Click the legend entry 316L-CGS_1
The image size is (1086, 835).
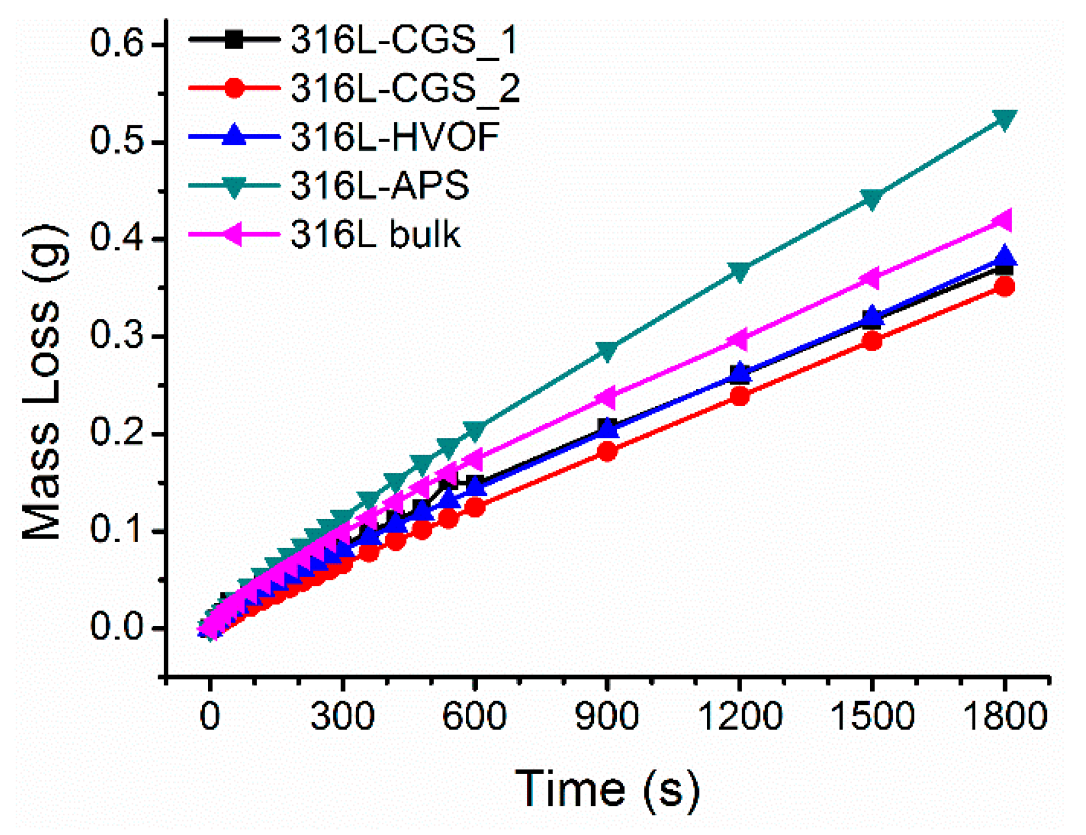point(404,40)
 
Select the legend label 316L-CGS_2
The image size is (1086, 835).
point(405,88)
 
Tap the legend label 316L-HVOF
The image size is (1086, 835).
point(395,136)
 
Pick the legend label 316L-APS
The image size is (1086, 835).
point(379,185)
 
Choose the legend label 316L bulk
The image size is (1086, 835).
point(375,234)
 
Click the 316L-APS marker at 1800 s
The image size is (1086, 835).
point(1004,119)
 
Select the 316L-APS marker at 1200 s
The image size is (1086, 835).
point(740,271)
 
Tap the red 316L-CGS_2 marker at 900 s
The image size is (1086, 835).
point(607,451)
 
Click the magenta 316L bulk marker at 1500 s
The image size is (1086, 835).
point(870,278)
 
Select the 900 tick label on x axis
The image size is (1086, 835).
point(607,716)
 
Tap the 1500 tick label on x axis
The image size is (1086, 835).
point(872,716)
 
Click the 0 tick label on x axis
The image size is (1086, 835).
point(210,716)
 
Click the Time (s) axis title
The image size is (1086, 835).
point(607,789)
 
